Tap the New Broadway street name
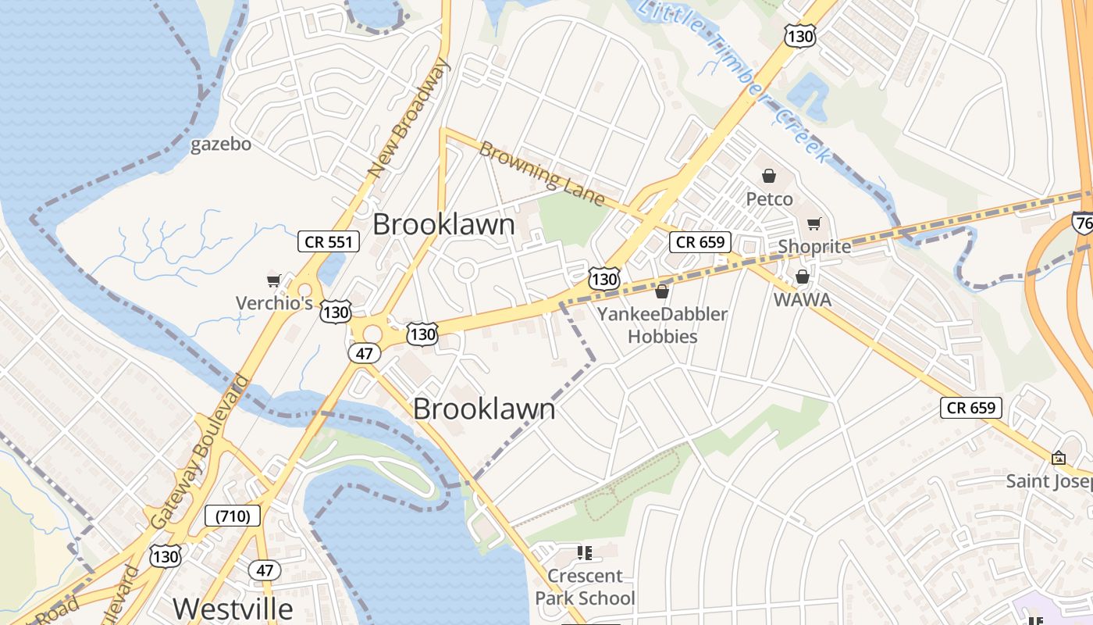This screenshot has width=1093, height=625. [411, 120]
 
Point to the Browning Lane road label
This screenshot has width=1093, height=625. [542, 173]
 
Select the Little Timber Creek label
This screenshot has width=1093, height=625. [734, 78]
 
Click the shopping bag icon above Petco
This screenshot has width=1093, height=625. [769, 176]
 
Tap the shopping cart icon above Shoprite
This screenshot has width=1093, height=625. [814, 224]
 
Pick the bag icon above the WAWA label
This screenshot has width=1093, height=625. [802, 277]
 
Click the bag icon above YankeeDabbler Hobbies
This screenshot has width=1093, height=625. [662, 291]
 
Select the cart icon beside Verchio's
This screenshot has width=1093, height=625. [273, 280]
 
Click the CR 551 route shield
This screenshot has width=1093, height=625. [329, 241]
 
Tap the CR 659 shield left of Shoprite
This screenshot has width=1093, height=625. [700, 241]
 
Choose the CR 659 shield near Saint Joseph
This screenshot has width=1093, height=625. [970, 407]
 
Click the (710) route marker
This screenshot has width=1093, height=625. [232, 515]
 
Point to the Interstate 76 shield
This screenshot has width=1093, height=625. [1082, 222]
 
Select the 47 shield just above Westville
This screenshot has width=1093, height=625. [265, 570]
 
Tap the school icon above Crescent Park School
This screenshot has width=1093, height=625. [584, 553]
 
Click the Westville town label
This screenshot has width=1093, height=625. [233, 609]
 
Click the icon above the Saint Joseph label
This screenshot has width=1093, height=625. [1059, 458]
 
